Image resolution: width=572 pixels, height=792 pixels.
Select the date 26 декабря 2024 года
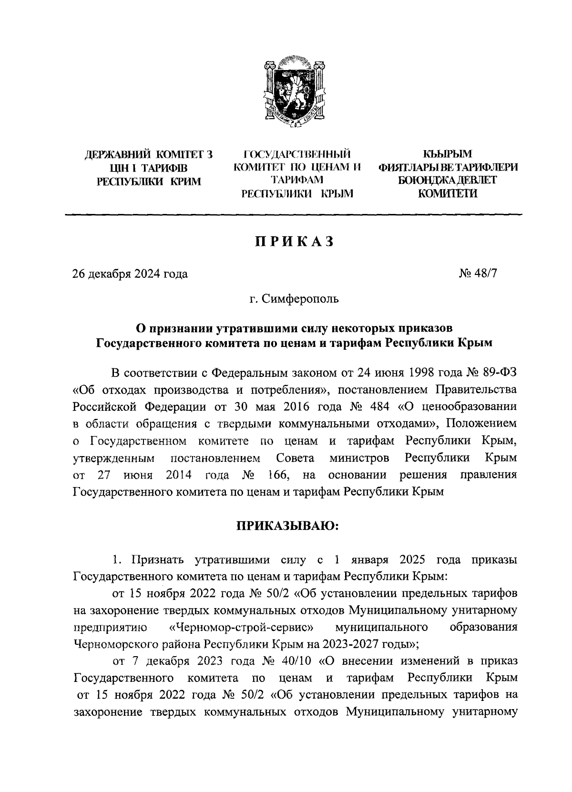coord(130,274)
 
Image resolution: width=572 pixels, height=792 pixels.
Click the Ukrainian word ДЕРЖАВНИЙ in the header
coord(115,155)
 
